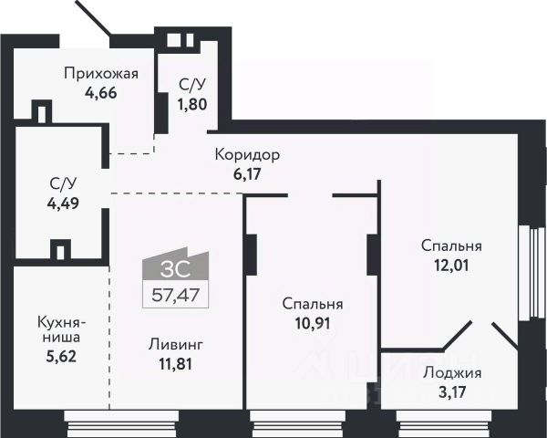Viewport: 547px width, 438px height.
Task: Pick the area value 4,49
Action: (x=62, y=203)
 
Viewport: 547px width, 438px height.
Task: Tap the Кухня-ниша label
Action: (x=61, y=328)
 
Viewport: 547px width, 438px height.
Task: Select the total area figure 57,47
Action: (x=177, y=294)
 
